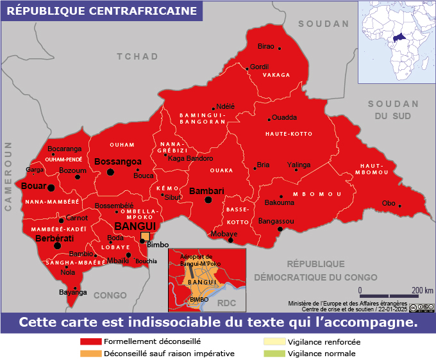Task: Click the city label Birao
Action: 265,46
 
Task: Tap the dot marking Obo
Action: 399,206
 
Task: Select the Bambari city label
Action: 206,191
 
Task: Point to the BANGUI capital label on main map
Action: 135,226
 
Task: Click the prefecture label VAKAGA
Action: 276,75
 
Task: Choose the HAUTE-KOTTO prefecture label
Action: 289,134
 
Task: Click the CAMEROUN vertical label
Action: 9,177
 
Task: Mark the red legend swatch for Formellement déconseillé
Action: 90,342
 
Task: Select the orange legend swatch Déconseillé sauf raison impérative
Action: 90,353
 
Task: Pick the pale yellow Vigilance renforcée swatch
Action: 274,342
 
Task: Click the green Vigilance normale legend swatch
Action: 274,353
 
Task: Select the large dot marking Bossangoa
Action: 110,172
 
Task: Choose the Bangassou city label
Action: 275,221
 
